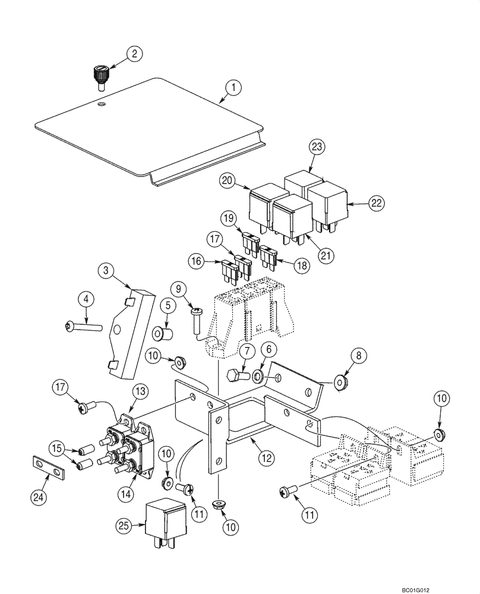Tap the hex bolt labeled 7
(x=238, y=375)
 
